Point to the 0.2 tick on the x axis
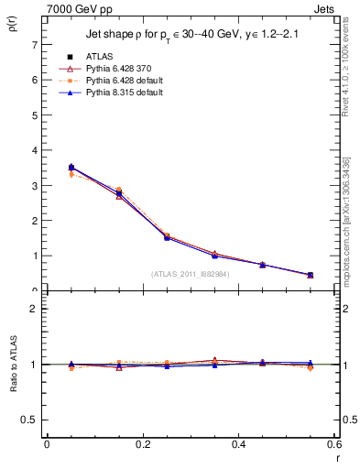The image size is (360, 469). pos(143,444)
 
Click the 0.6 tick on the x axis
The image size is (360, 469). pos(335,444)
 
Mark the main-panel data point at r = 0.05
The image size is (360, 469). pos(71,168)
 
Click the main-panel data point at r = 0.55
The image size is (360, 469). pos(311,275)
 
